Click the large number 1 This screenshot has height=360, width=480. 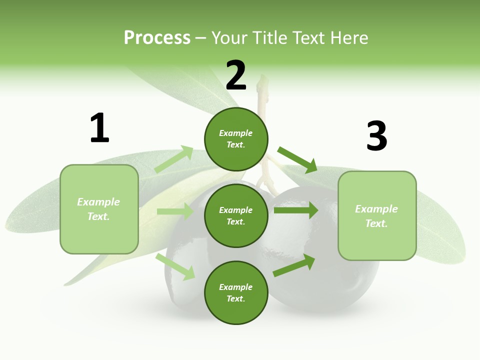[x=99, y=128]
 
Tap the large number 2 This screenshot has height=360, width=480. [x=236, y=75]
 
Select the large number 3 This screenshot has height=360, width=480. [x=376, y=136]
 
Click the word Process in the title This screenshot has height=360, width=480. [x=157, y=37]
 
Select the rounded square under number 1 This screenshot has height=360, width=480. [x=99, y=209]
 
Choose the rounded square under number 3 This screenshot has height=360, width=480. [x=377, y=216]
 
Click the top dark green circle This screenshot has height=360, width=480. [x=236, y=139]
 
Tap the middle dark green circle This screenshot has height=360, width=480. [x=236, y=216]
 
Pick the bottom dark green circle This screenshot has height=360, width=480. [x=236, y=293]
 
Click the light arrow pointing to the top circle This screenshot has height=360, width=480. [x=174, y=159]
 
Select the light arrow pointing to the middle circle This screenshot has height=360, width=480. [x=175, y=211]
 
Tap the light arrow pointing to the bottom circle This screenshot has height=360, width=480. [x=175, y=266]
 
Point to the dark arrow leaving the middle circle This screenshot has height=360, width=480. [x=296, y=210]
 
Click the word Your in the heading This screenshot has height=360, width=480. [x=230, y=37]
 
